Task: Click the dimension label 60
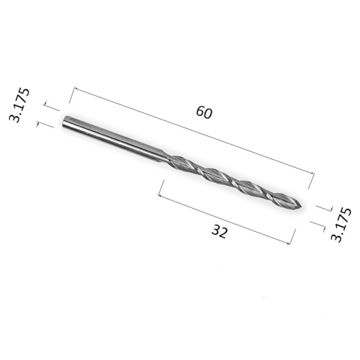[x=204, y=112]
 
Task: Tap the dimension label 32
[x=219, y=232]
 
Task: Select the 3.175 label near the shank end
[x=19, y=105]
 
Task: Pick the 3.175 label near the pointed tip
[x=341, y=225]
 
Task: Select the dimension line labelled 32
[x=224, y=220]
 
